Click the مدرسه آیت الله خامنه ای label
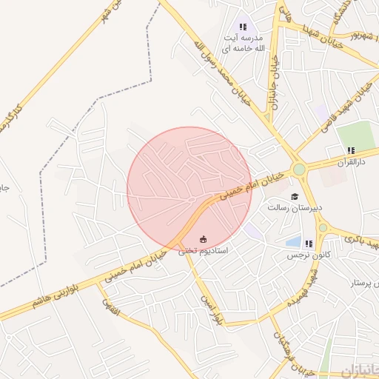244,42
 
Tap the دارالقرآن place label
351,161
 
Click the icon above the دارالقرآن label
351,150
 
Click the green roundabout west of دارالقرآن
299,170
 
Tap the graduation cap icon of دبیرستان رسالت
295,197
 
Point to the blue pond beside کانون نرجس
294,242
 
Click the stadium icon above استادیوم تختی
204,239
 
